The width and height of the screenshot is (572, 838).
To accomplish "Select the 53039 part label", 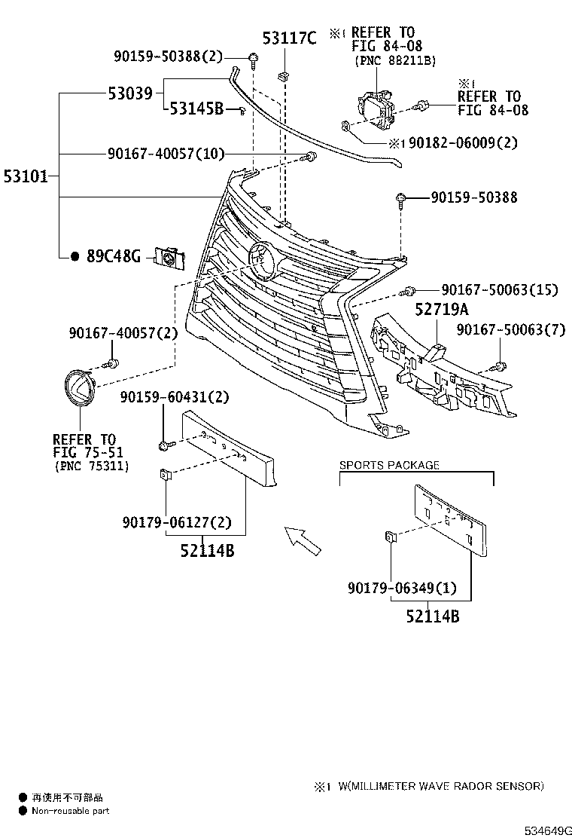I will tap(129, 93).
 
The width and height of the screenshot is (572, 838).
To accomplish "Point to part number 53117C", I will tap(289, 38).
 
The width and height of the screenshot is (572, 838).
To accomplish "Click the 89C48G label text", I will tap(114, 257).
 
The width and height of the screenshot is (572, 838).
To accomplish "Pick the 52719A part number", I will tap(442, 309).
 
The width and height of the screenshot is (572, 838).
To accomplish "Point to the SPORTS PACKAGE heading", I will tap(389, 465).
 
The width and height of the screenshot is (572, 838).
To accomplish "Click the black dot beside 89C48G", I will tap(75, 257).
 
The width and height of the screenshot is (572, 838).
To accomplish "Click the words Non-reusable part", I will tap(70, 811).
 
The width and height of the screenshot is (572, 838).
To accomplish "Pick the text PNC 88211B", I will tap(395, 60).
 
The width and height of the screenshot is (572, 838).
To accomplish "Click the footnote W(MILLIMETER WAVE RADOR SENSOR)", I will tap(440, 786).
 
